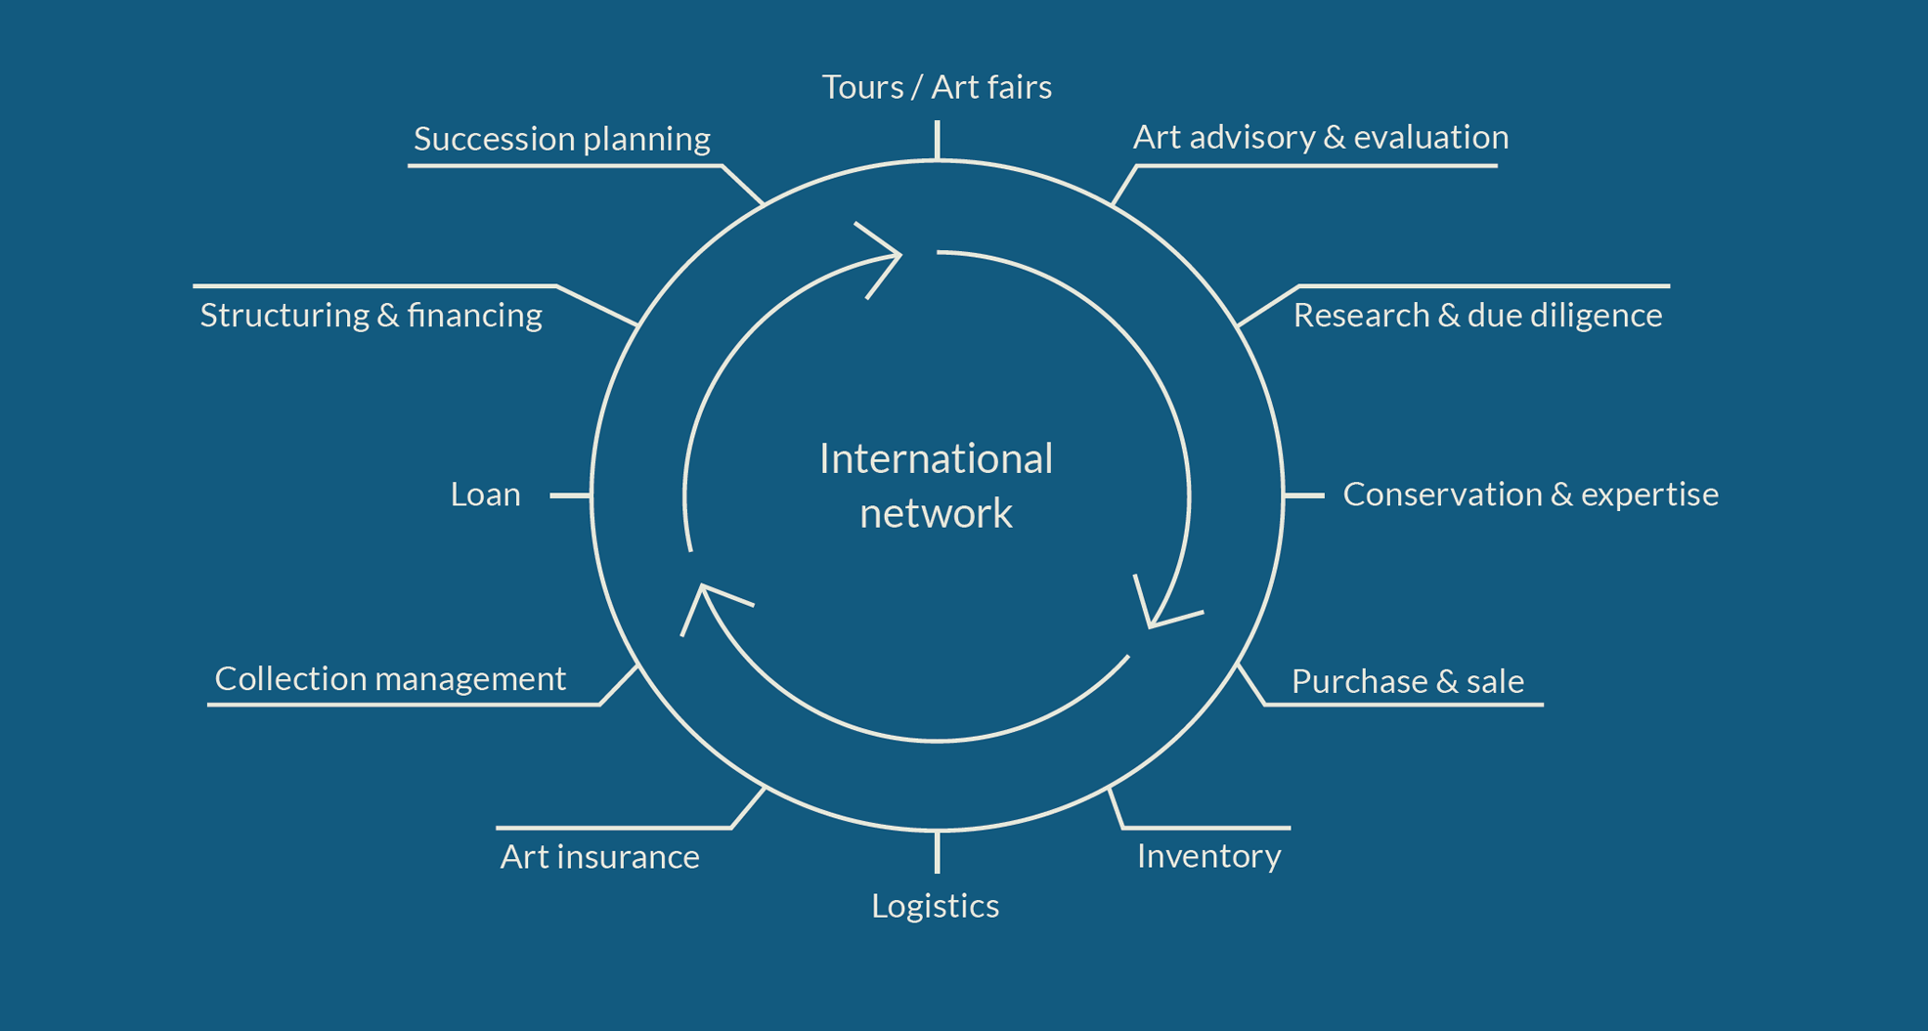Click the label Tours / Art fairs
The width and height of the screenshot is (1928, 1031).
pos(937,87)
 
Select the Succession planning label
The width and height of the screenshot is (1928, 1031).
pos(561,139)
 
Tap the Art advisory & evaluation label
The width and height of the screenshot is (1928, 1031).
pos(1320,137)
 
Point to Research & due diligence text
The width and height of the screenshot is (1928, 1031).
pos(1477,315)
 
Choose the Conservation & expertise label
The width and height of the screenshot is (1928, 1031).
pos(1530,494)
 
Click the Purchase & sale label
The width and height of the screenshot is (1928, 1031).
pos(1407,681)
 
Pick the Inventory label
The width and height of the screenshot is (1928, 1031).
pos(1208,856)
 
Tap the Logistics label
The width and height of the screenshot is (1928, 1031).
pos(935,906)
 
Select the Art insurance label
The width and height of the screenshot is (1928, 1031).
pos(599,857)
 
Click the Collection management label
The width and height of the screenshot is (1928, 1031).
pos(390,678)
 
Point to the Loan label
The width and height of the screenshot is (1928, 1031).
pos(485,494)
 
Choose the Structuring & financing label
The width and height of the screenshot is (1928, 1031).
pos(371,315)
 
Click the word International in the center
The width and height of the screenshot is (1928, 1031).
pos(936,458)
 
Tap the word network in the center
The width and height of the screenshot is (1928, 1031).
pos(936,513)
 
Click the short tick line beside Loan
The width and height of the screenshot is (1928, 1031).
pos(570,495)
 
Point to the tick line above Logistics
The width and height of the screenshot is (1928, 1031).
pos(937,852)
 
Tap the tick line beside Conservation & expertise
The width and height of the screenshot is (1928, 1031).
pos(1303,495)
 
